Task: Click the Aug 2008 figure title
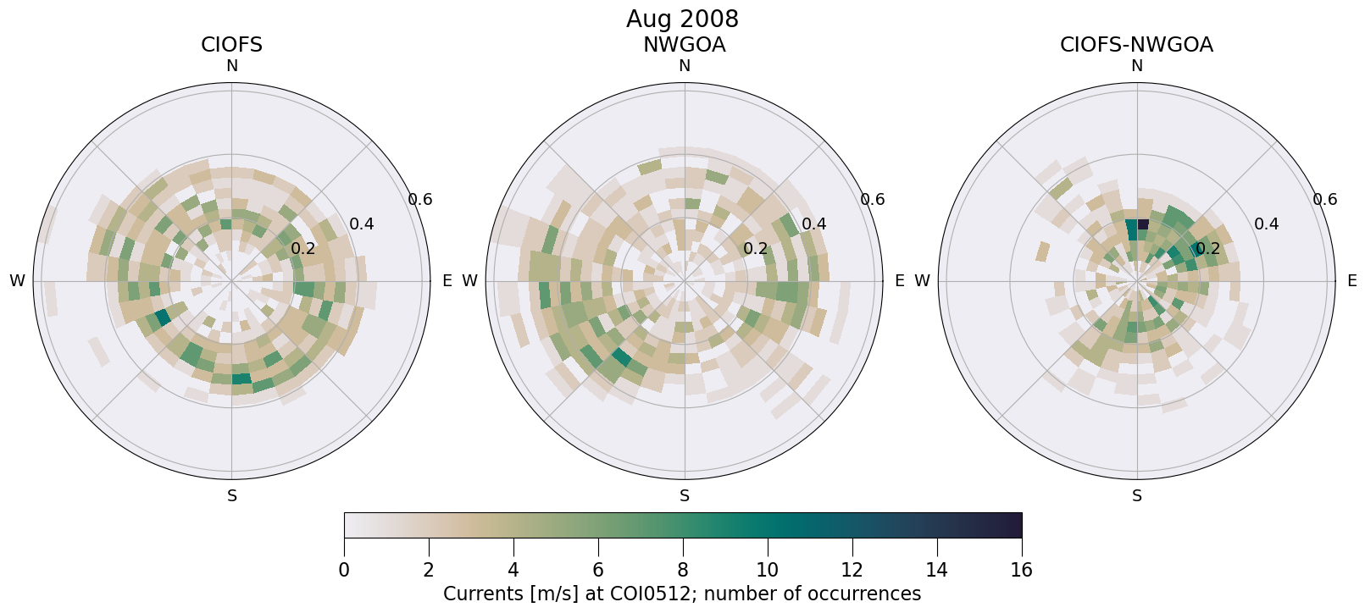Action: (682, 19)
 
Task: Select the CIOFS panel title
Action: (231, 45)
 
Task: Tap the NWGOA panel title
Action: (684, 45)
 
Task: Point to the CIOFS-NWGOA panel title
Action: (1136, 45)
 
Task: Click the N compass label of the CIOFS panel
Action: (231, 66)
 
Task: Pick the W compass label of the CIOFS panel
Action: (17, 281)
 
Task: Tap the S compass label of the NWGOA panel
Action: (684, 496)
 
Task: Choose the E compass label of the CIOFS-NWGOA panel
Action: (1351, 281)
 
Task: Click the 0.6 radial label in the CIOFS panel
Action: (420, 200)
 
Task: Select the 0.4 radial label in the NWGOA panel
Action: (814, 224)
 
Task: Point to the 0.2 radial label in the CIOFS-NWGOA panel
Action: (1207, 249)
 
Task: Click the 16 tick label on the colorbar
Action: (1021, 570)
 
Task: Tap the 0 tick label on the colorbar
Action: (344, 570)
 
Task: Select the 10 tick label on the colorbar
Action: (767, 570)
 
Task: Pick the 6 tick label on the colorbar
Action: (598, 570)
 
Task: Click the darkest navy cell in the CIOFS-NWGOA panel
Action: (1143, 224)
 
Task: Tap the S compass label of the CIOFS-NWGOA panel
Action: (1136, 496)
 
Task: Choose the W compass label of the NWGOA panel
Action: (469, 281)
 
